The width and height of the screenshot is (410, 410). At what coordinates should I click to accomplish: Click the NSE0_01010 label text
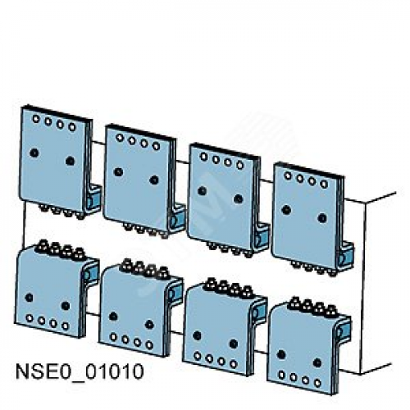tap(80, 371)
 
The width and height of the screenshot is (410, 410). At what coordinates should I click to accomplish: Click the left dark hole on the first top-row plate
tap(34, 153)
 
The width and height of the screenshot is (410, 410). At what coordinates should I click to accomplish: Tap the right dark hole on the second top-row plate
tap(154, 180)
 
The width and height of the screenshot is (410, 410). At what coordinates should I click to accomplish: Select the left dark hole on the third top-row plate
tap(203, 190)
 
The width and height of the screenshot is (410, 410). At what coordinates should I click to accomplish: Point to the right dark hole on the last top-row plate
tap(322, 218)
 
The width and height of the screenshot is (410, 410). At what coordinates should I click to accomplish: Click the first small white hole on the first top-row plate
tap(36, 119)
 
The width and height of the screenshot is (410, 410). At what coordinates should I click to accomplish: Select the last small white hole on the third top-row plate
tap(240, 165)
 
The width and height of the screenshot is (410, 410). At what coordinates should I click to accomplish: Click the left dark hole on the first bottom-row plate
tap(29, 298)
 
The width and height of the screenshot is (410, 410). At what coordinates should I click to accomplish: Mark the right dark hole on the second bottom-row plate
tap(149, 325)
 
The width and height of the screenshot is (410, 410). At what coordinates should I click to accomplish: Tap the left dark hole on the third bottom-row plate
tap(197, 335)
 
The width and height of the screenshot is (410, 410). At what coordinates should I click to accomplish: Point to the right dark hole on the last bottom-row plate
tap(317, 362)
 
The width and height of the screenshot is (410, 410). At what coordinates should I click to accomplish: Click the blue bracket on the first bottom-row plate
tap(91, 274)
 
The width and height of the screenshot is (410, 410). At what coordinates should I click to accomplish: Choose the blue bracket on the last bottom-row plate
tap(344, 331)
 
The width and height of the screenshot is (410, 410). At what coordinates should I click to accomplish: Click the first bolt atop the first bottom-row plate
tap(43, 246)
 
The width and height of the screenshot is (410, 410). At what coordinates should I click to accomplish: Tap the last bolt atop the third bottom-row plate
tap(248, 292)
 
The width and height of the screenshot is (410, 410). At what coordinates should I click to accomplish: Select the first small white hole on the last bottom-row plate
tap(282, 375)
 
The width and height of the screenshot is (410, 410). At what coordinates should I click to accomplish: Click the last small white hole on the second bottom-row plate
tap(149, 345)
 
